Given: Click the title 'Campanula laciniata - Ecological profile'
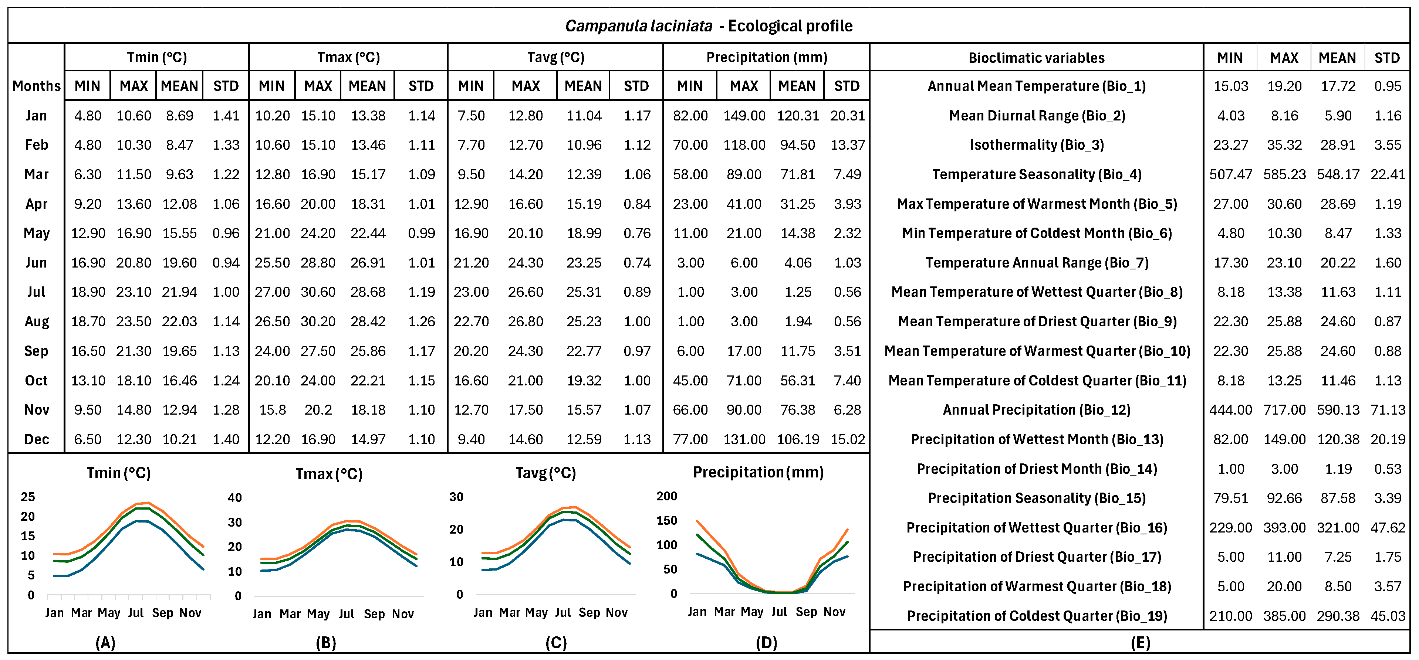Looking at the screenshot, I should pos(709,26).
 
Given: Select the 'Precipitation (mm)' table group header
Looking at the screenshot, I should pos(766,57).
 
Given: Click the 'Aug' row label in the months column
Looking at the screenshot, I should pos(36,322).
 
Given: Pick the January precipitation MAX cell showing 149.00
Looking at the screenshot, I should pos(744,116).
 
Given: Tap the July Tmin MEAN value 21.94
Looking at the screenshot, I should pos(179,292).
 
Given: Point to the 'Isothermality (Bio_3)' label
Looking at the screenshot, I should pos(1036,145).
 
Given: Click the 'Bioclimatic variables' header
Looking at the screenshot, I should pos(1036,58).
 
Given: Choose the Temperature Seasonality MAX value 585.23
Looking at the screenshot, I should pos(1284,174).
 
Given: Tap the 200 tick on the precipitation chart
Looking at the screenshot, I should pos(666,496).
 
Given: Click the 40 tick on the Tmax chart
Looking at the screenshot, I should pos(235,498).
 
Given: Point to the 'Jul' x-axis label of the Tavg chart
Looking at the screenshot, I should pos(562,612).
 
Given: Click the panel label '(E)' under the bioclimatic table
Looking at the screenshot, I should pos(1140,642).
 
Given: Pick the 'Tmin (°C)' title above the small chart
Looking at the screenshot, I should pos(118,473).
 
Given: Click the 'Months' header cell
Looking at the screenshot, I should pos(36,86).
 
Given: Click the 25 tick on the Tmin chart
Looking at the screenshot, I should pos(27,497).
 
